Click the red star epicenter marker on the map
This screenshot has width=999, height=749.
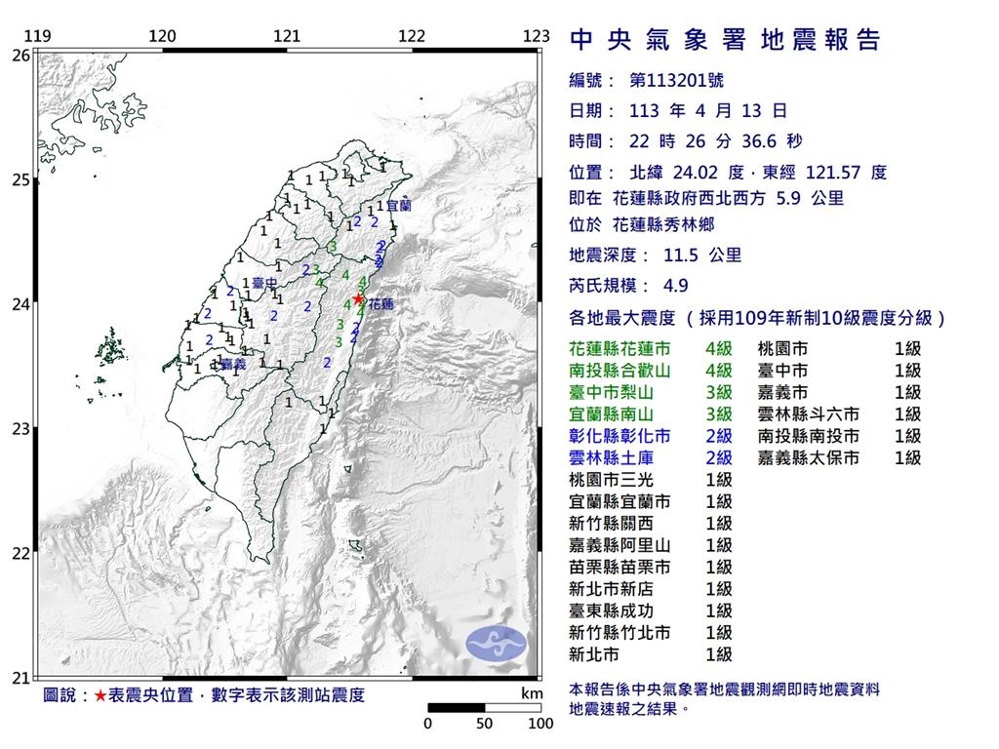point(359,298)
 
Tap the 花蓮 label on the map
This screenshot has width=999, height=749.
point(381,304)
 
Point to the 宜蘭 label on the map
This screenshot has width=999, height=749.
point(399,207)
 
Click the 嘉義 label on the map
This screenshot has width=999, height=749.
point(233,365)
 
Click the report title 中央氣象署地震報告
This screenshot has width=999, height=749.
point(724,40)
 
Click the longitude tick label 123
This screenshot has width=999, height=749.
point(536,36)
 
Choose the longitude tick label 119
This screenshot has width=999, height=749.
point(37,36)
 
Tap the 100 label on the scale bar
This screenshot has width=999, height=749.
point(539,724)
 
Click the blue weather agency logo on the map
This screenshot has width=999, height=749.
point(496,642)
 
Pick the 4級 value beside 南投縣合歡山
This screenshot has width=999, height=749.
point(719,370)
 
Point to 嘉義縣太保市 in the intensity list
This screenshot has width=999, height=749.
point(809,457)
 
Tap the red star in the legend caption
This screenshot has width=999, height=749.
point(100,695)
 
